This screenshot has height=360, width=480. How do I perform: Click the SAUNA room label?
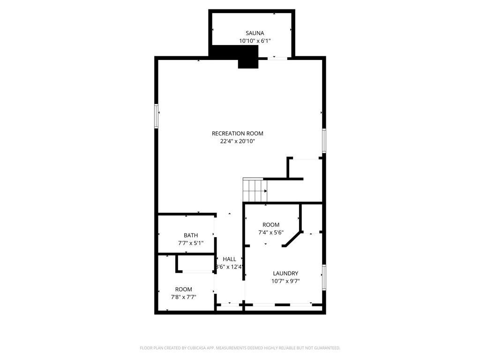point(255,33)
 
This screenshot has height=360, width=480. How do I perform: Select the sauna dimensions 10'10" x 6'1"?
point(255,41)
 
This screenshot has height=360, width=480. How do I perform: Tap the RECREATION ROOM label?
point(237,134)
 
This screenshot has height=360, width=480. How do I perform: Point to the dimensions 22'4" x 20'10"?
point(237,141)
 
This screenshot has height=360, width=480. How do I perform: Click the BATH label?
point(191,235)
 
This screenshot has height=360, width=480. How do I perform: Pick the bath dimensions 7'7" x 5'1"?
point(191,243)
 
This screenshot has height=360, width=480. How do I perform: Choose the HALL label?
point(230,259)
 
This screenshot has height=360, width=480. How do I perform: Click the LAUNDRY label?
point(285,274)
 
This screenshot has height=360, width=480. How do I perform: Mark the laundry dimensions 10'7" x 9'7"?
point(285,281)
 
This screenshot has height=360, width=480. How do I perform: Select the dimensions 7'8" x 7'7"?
point(183,297)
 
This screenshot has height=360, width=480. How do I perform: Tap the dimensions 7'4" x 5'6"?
point(270,232)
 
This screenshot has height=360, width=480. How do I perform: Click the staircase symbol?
point(255,190)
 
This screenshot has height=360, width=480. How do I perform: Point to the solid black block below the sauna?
point(248,61)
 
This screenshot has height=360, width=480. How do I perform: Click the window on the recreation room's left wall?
point(157,116)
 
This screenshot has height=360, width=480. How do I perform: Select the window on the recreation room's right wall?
point(323,141)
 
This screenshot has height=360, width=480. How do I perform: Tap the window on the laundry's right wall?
point(323,277)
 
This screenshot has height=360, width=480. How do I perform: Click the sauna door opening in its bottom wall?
point(277,58)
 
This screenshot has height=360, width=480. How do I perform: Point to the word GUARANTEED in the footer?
point(325,348)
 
